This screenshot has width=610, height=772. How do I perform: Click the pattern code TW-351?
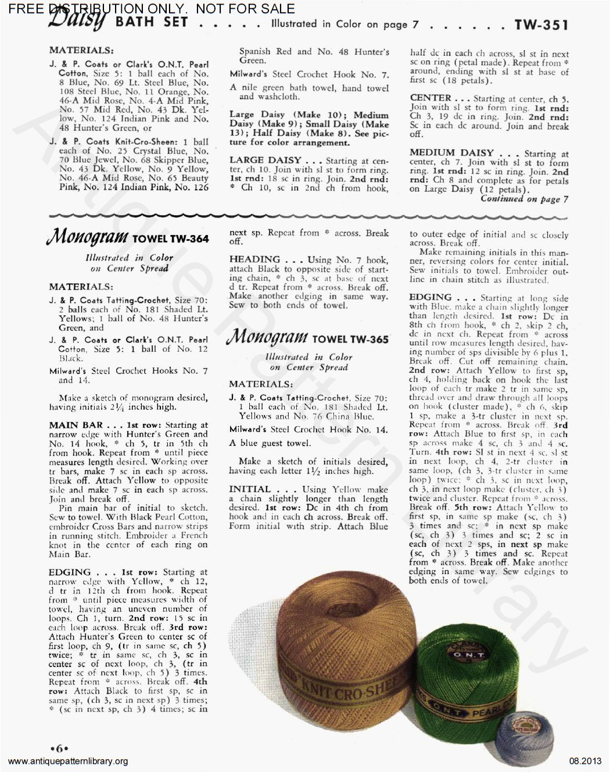pyautogui.click(x=541, y=24)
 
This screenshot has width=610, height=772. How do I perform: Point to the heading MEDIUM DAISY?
pyautogui.click(x=451, y=153)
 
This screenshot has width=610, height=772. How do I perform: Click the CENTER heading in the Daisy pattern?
pyautogui.click(x=430, y=98)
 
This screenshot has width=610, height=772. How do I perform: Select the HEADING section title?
pyautogui.click(x=254, y=259)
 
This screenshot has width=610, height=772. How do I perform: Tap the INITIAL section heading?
pyautogui.click(x=250, y=489)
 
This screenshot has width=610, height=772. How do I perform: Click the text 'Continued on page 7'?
pyautogui.click(x=524, y=199)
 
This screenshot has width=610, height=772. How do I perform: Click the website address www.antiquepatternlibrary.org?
pyautogui.click(x=69, y=762)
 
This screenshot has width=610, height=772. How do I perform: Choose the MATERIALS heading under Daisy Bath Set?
pyautogui.click(x=81, y=50)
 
